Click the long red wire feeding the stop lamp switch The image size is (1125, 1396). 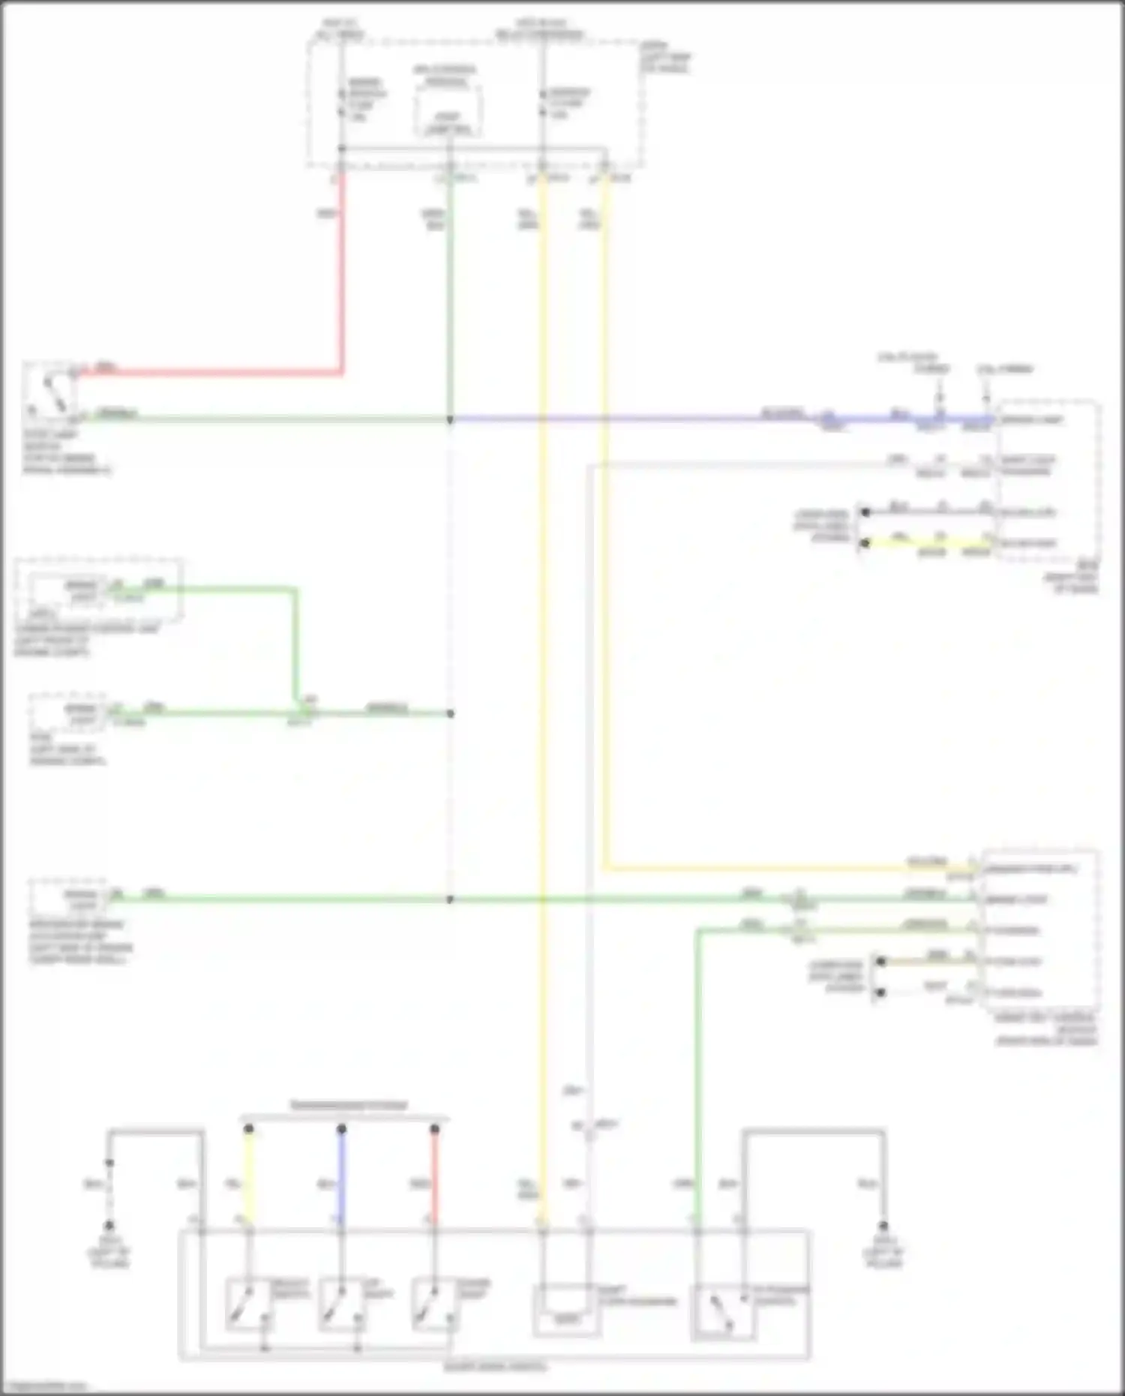(x=342, y=285)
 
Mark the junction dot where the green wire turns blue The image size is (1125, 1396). (x=450, y=419)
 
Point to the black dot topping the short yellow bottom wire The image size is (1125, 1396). (x=249, y=1128)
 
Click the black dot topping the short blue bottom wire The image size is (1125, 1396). (x=341, y=1128)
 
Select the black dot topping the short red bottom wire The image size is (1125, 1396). (x=434, y=1128)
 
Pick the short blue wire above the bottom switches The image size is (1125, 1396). (x=341, y=1178)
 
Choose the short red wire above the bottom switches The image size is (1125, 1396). (x=434, y=1178)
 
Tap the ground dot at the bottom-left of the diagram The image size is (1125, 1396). (x=109, y=1225)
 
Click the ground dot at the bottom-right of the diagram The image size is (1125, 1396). (x=883, y=1226)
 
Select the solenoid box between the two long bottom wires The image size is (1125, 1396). (x=566, y=1309)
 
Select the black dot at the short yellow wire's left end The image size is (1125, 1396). (x=865, y=542)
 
